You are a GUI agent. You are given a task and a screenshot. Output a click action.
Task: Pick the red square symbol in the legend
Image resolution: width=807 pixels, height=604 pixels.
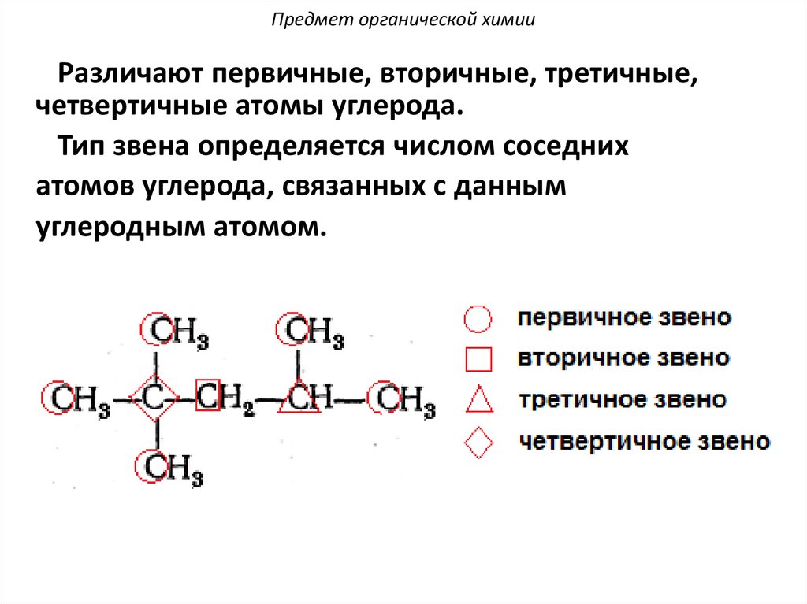478,359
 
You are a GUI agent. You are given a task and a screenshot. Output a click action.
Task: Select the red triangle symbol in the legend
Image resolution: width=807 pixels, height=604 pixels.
478,400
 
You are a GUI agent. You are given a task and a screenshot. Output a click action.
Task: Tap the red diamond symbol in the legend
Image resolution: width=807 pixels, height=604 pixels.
478,443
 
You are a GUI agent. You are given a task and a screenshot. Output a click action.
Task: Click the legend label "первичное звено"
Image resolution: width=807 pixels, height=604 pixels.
624,319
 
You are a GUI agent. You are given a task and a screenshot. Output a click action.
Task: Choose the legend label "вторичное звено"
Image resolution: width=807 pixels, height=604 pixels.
623,358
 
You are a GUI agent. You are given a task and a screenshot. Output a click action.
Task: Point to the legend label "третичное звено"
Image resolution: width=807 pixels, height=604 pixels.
622,399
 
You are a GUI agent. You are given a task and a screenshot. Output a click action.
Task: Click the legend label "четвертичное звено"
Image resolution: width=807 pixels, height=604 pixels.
644,441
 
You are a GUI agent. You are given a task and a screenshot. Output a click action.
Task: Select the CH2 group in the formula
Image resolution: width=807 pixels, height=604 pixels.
225,398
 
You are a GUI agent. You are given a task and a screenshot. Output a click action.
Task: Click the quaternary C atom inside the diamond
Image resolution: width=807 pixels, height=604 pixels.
155,399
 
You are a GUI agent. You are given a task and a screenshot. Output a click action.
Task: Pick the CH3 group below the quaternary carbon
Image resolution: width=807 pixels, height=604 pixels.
170,469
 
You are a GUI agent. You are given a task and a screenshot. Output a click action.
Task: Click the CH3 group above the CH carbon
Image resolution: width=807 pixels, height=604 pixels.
311,331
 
